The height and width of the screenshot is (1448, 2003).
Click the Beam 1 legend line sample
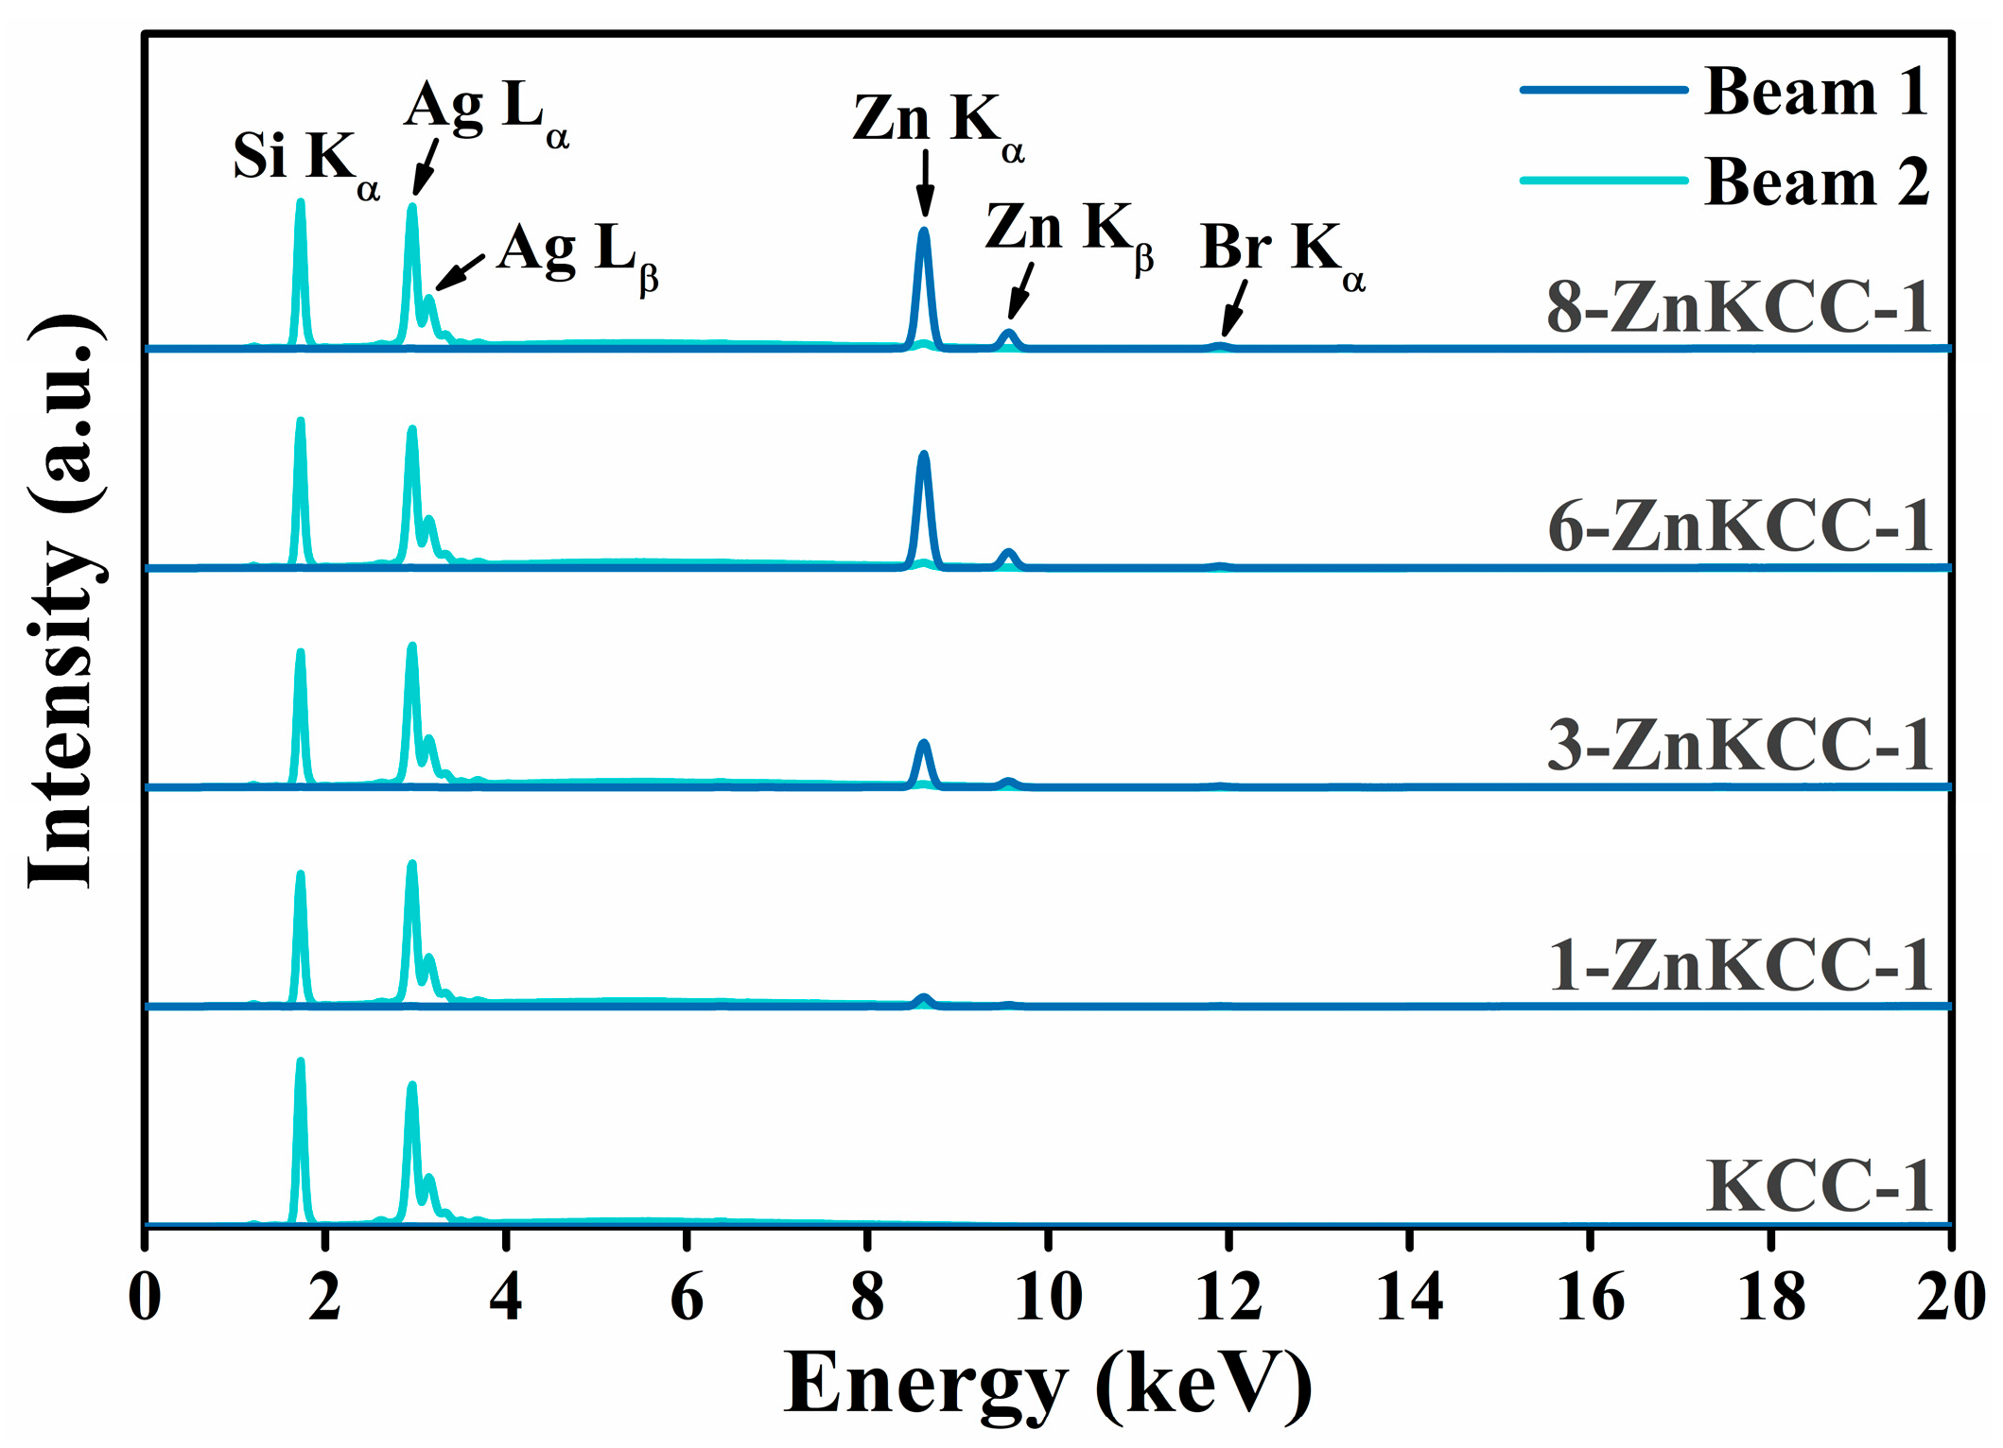point(1603,90)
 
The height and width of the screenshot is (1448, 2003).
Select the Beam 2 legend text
point(1816,181)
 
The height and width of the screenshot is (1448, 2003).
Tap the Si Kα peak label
point(305,159)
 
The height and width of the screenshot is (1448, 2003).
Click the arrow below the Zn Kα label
point(926,184)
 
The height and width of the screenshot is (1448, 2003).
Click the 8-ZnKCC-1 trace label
point(1738,308)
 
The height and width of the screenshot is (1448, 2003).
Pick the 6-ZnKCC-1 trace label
point(1738,526)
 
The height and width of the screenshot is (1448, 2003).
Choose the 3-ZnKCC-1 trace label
point(1738,746)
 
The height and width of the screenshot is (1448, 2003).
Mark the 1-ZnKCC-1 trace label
point(1738,966)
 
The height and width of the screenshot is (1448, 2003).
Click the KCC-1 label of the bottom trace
point(1818,1186)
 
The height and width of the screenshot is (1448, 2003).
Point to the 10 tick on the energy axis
point(1048,1297)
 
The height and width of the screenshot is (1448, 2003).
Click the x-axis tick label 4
point(506,1297)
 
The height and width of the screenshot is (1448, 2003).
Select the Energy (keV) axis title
point(1047,1385)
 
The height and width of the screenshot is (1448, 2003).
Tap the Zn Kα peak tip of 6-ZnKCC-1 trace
point(924,455)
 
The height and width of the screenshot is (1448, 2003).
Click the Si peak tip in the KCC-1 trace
point(301,1062)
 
